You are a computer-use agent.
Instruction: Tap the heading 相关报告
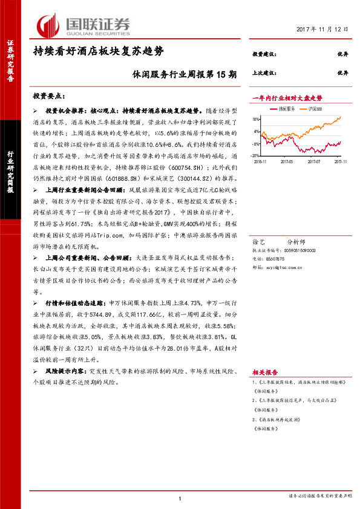pyautogui.click(x=264, y=373)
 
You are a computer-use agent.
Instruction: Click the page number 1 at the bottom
pyautogui.click(x=180, y=498)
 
